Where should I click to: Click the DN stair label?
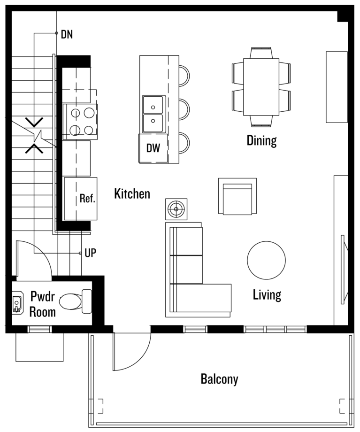tap(67, 34)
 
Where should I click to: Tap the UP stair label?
tap(90, 253)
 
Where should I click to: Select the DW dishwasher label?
tap(153, 148)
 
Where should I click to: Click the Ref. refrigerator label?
tap(87, 198)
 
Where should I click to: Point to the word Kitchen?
tap(132, 193)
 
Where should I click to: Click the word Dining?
tap(261, 140)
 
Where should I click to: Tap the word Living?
tap(267, 295)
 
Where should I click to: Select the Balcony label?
tap(219, 379)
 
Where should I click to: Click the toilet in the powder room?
tap(76, 301)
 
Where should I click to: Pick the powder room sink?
tap(17, 302)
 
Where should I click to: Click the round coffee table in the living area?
tap(266, 260)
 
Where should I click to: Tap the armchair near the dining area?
tap(237, 196)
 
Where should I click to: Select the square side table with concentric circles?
tap(176, 209)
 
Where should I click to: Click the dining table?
tap(261, 87)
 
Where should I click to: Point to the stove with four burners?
tap(80, 122)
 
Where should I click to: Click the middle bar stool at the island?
tap(184, 109)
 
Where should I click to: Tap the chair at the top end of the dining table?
tap(261, 53)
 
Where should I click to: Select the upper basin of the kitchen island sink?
tap(153, 105)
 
